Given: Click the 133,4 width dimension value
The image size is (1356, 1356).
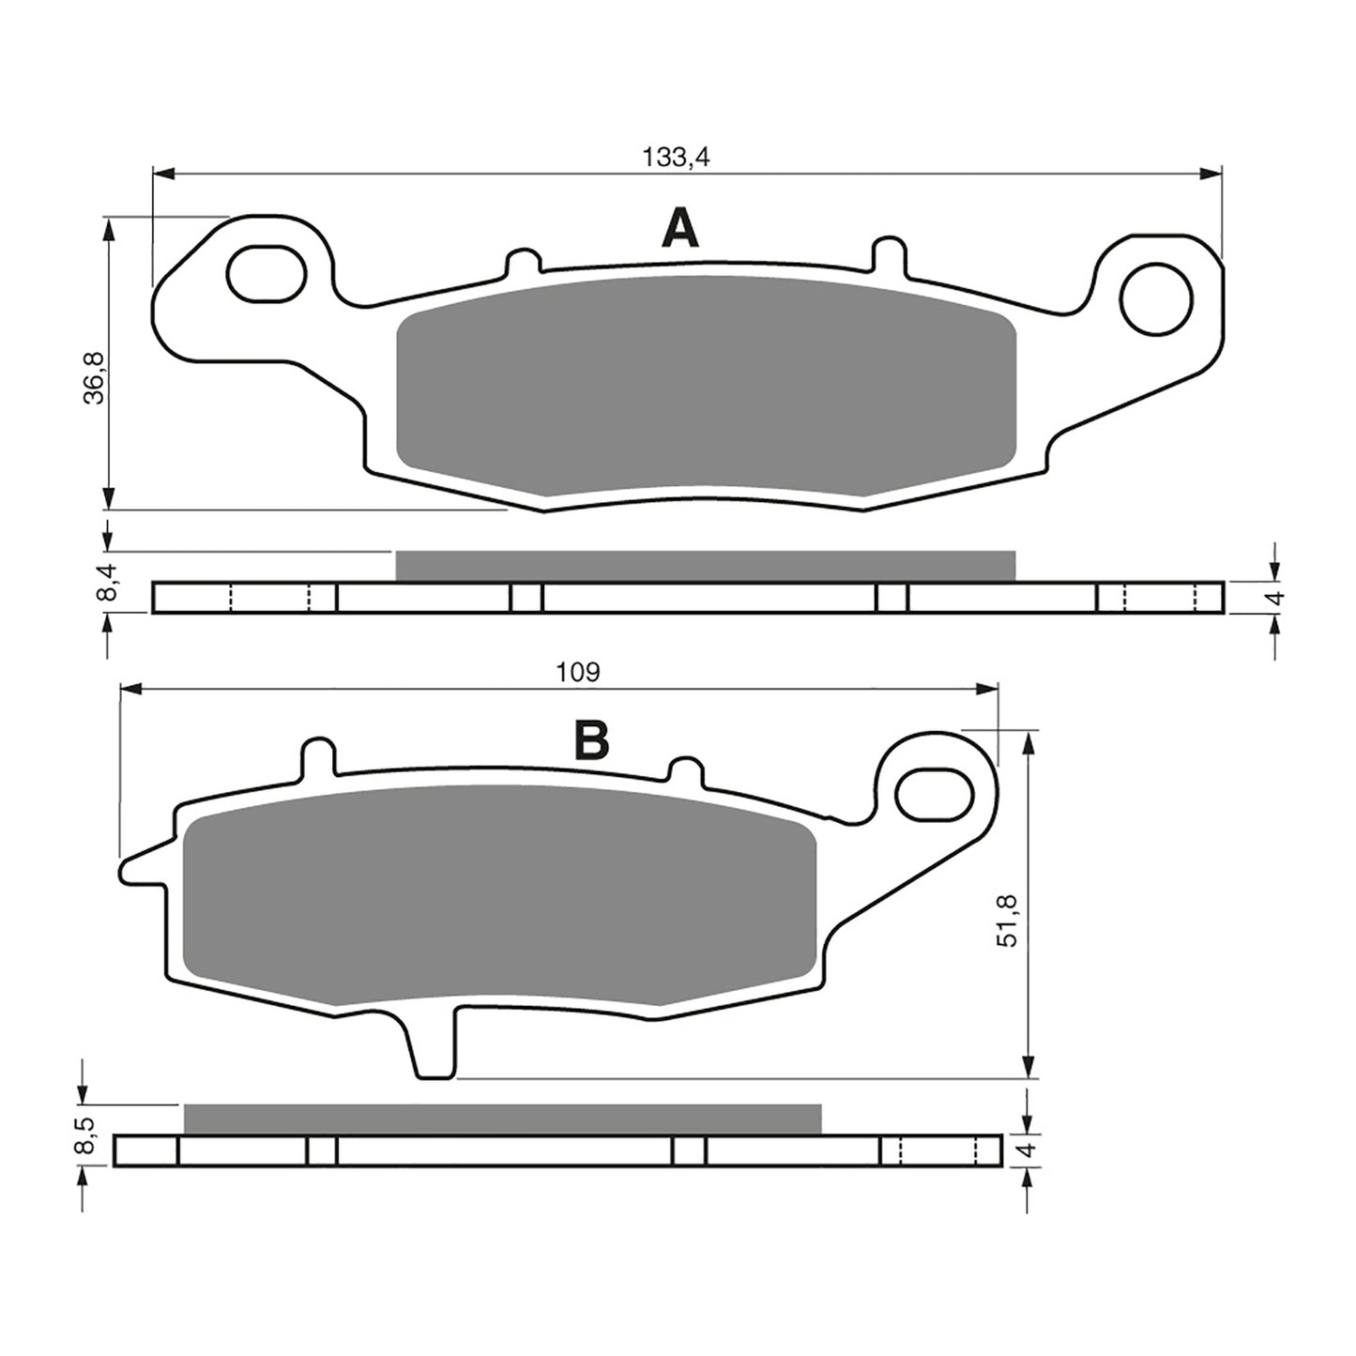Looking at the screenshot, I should pyautogui.click(x=676, y=158).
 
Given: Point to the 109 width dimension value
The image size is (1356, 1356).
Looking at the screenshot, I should pyautogui.click(x=577, y=672).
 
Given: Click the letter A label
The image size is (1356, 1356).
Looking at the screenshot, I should pyautogui.click(x=680, y=229).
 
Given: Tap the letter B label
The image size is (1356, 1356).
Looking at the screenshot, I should pyautogui.click(x=591, y=741).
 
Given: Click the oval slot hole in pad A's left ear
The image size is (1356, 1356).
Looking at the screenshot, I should pyautogui.click(x=267, y=274).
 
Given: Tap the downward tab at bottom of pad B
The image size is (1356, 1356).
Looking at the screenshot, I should pyautogui.click(x=435, y=1046).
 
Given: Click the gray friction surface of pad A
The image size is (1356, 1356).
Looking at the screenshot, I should pyautogui.click(x=706, y=385).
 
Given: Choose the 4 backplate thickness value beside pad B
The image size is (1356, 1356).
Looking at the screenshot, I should pyautogui.click(x=1030, y=1150).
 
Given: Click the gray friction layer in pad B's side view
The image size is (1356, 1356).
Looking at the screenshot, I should pyautogui.click(x=502, y=1119).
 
